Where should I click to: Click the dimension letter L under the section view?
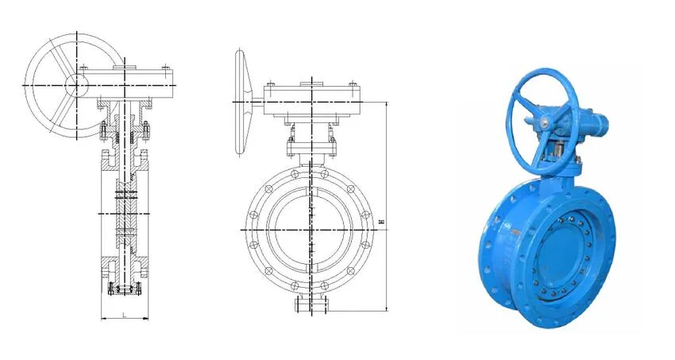coord(125,315)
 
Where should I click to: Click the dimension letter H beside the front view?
coord(382,223)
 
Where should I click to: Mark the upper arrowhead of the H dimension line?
coord(385,104)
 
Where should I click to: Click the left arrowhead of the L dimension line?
coord(104,319)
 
